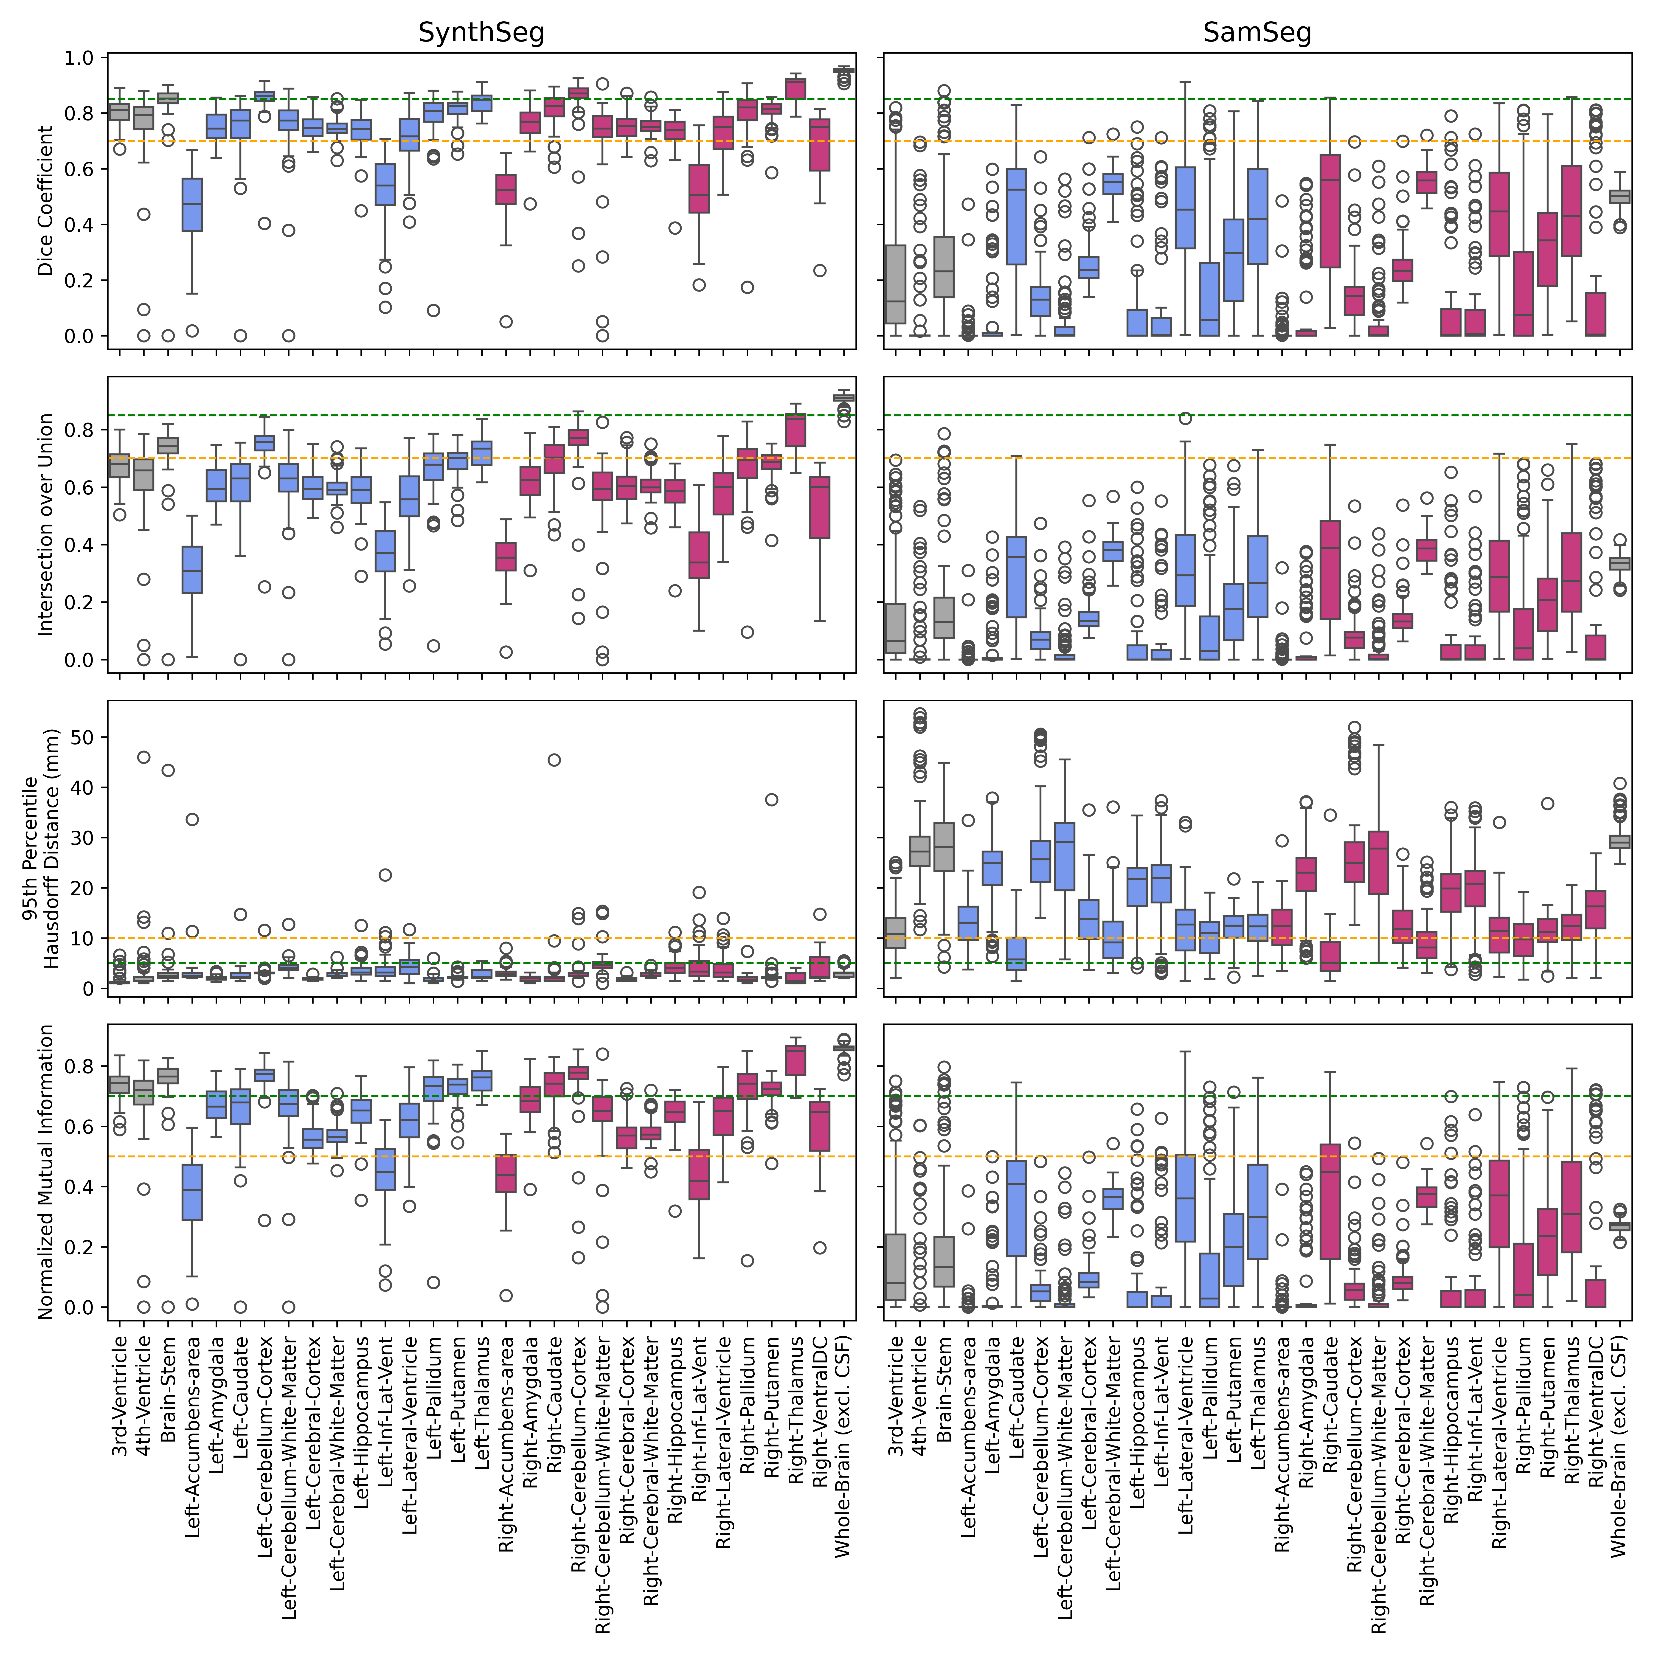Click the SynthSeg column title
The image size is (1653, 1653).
pyautogui.click(x=481, y=33)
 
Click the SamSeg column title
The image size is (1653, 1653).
pyautogui.click(x=1257, y=33)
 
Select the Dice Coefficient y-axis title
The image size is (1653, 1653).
pyautogui.click(x=45, y=201)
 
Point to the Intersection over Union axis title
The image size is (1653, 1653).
pyautogui.click(x=45, y=524)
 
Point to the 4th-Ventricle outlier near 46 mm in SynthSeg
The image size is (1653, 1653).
pyautogui.click(x=144, y=757)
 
